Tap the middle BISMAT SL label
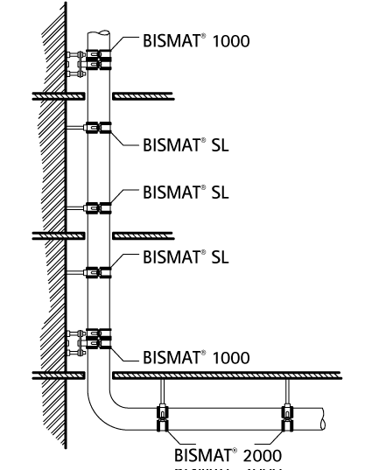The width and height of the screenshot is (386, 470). pos(186,192)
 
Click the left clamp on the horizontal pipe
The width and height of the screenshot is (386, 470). pos(162,417)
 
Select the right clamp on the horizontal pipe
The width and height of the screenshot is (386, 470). pos(285,417)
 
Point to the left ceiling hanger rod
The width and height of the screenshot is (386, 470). pos(162,392)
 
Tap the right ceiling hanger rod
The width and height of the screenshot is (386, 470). pos(285,392)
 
